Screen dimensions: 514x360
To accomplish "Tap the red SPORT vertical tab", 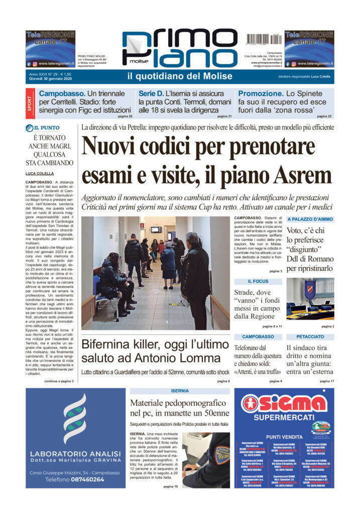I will tap(30, 104).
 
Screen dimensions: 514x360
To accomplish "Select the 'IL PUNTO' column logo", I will tap(50, 127).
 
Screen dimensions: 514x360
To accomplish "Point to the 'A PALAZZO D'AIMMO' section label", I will tap(310, 219).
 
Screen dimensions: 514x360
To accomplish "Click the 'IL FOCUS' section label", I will tap(258, 282).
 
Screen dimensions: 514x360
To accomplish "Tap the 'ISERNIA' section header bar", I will tap(180, 391).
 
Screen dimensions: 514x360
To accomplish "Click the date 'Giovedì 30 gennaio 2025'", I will tap(52, 79).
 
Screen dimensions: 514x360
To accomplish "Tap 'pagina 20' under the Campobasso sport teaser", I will tap(125, 116).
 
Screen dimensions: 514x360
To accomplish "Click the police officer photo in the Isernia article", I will tap(205, 460).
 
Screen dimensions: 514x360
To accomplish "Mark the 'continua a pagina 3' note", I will tap(59, 381).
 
